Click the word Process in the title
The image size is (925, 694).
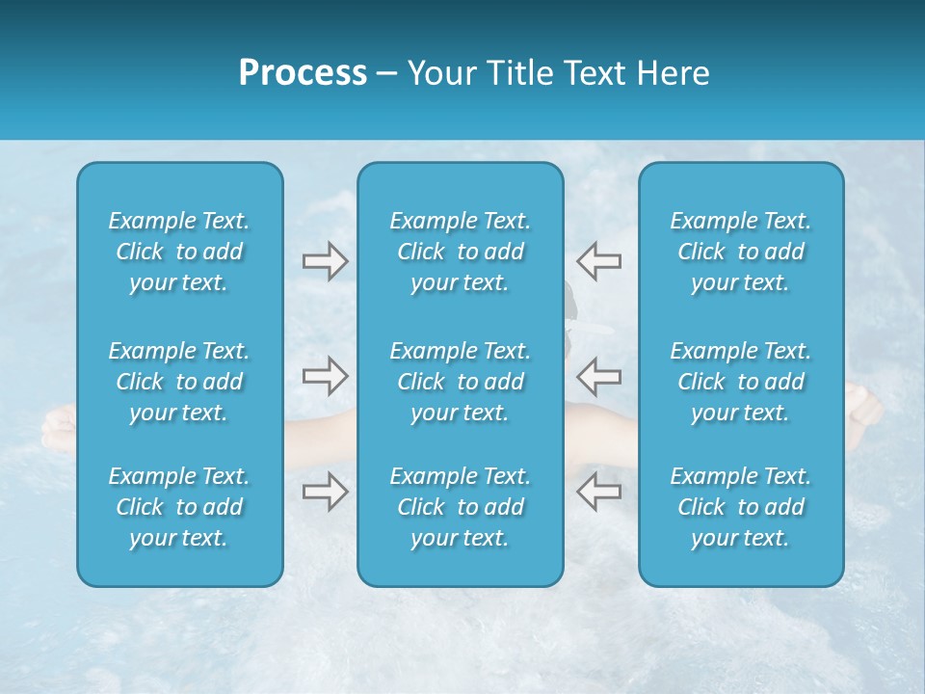pos(303,73)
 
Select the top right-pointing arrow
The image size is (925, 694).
pos(325,261)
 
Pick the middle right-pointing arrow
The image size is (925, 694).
pos(325,376)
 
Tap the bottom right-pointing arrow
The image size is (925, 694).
pos(325,492)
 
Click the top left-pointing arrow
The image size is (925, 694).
pos(599,261)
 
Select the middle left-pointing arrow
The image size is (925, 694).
pos(599,376)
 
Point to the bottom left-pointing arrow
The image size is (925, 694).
pos(599,492)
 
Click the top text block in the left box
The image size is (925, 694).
pos(179,252)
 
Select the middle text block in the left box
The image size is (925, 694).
pos(179,382)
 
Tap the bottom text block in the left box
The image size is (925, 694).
pos(179,507)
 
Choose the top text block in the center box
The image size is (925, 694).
pos(460,252)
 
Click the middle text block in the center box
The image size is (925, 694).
pos(460,382)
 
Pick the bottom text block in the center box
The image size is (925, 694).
pos(460,507)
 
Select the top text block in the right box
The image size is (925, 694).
pos(740,252)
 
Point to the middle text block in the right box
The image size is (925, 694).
pos(740,382)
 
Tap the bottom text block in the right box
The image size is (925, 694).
pos(740,507)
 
